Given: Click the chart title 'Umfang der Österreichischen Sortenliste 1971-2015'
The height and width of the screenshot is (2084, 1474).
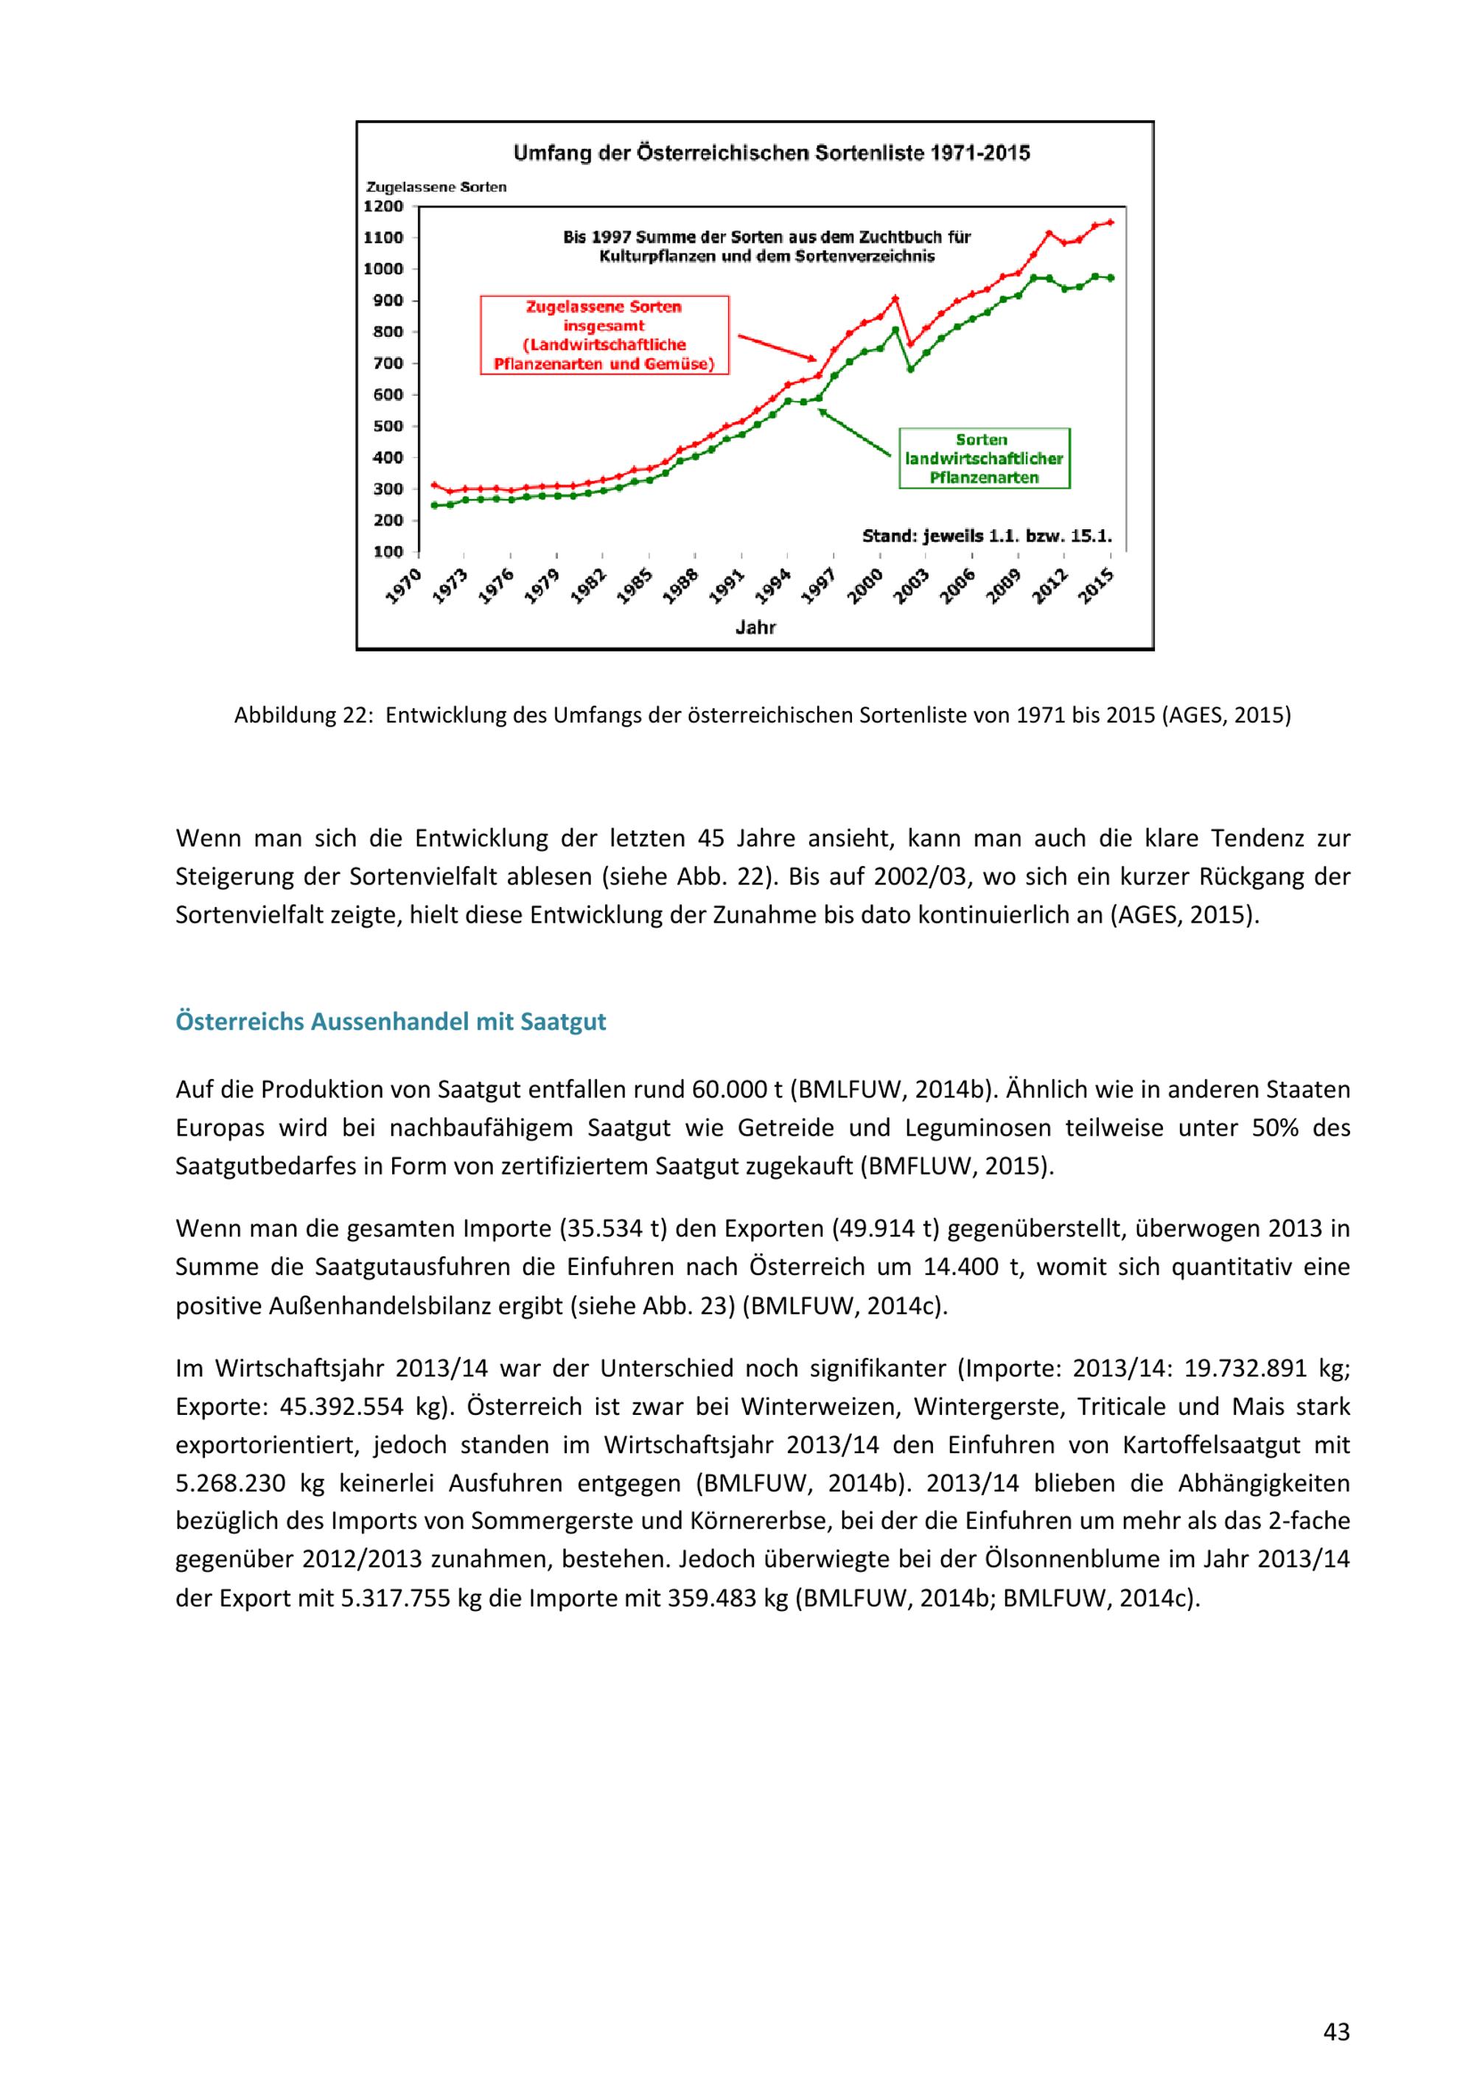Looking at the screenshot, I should tap(772, 153).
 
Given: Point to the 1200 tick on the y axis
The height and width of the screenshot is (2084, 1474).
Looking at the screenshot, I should tap(383, 206).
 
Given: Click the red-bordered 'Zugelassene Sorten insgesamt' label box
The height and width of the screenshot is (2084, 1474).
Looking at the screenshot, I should tap(604, 335).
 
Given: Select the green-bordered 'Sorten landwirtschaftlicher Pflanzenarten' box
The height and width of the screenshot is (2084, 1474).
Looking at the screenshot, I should tap(984, 458).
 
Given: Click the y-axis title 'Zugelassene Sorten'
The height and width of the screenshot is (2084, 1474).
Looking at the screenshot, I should tap(436, 187).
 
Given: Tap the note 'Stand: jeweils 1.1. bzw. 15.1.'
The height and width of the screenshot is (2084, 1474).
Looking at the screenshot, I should tap(987, 536).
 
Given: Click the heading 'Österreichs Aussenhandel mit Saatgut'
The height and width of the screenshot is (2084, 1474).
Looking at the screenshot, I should tap(391, 1022).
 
